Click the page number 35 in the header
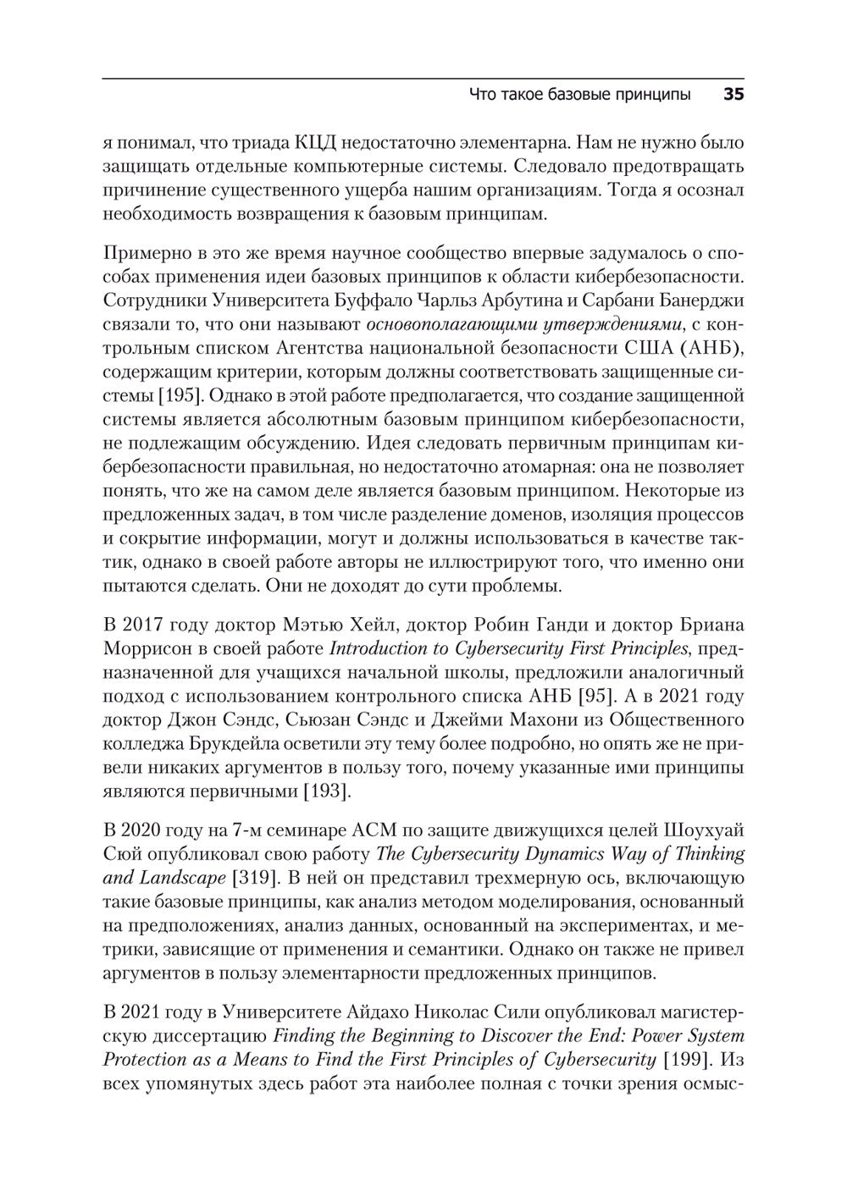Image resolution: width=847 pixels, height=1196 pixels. point(733,94)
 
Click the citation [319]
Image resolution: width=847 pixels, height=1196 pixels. point(255,878)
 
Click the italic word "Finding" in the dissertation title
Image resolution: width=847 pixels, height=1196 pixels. point(301,1035)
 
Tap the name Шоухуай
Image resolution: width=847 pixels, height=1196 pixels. point(700,830)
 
